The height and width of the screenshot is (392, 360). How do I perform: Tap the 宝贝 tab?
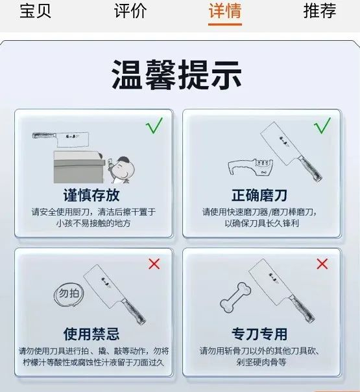point(35,11)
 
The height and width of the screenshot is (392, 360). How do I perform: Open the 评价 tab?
point(130,11)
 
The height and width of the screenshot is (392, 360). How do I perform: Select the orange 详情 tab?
point(225,11)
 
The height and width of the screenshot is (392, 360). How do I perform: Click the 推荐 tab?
point(320,11)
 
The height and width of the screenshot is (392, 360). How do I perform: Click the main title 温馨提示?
point(176,75)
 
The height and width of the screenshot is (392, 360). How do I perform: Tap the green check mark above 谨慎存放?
point(154,126)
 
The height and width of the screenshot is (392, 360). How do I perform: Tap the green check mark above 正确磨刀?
point(322,126)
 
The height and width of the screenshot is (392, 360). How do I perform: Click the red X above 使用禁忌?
point(154,264)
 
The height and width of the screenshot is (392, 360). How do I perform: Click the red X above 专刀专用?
point(322,264)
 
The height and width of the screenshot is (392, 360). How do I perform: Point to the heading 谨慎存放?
point(91,195)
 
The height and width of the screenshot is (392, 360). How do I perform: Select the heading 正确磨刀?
point(259,195)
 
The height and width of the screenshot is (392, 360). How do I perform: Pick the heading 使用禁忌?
point(91,334)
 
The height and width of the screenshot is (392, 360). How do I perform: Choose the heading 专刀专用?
point(259,334)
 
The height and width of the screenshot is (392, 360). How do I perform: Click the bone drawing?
point(235,297)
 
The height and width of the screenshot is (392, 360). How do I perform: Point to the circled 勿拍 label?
point(69,295)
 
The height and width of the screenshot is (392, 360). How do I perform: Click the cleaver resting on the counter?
point(60,139)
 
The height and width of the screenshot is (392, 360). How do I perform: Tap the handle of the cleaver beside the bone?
point(302,309)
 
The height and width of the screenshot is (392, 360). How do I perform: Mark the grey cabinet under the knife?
point(79,167)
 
